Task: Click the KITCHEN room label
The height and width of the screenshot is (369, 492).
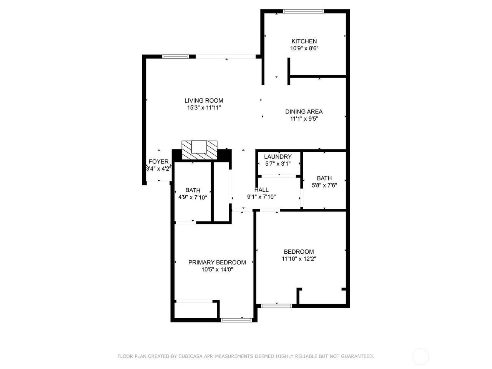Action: pos(304,41)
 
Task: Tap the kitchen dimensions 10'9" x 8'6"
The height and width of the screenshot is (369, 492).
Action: pos(304,48)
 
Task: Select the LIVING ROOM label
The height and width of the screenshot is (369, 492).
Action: pos(204,101)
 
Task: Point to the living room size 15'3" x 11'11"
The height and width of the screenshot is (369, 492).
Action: pos(204,108)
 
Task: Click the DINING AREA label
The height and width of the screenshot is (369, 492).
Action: pos(304,111)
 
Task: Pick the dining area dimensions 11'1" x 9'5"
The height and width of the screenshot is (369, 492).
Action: pos(304,119)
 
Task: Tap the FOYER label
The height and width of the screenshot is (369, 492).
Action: pos(158,161)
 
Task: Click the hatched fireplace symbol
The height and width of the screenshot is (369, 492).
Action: pos(199,150)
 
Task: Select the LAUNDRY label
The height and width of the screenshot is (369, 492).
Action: pos(278,156)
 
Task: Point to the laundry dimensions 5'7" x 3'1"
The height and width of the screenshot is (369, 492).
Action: pos(278,164)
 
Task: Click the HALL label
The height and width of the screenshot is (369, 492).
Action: pos(261,190)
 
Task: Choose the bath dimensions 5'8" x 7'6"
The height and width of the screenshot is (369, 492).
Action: pos(324,185)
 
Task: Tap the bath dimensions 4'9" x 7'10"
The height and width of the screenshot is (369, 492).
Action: pos(193,198)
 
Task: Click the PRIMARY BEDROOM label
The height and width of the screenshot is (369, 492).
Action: pos(217,263)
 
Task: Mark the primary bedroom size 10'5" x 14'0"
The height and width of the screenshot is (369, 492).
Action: pos(217,269)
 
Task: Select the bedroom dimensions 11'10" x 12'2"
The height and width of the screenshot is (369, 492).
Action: pos(299,259)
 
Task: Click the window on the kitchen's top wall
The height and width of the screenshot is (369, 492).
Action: pos(303,11)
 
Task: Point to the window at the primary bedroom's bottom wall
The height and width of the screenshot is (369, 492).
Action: pos(236,320)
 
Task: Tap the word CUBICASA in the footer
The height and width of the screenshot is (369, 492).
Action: pos(189,356)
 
